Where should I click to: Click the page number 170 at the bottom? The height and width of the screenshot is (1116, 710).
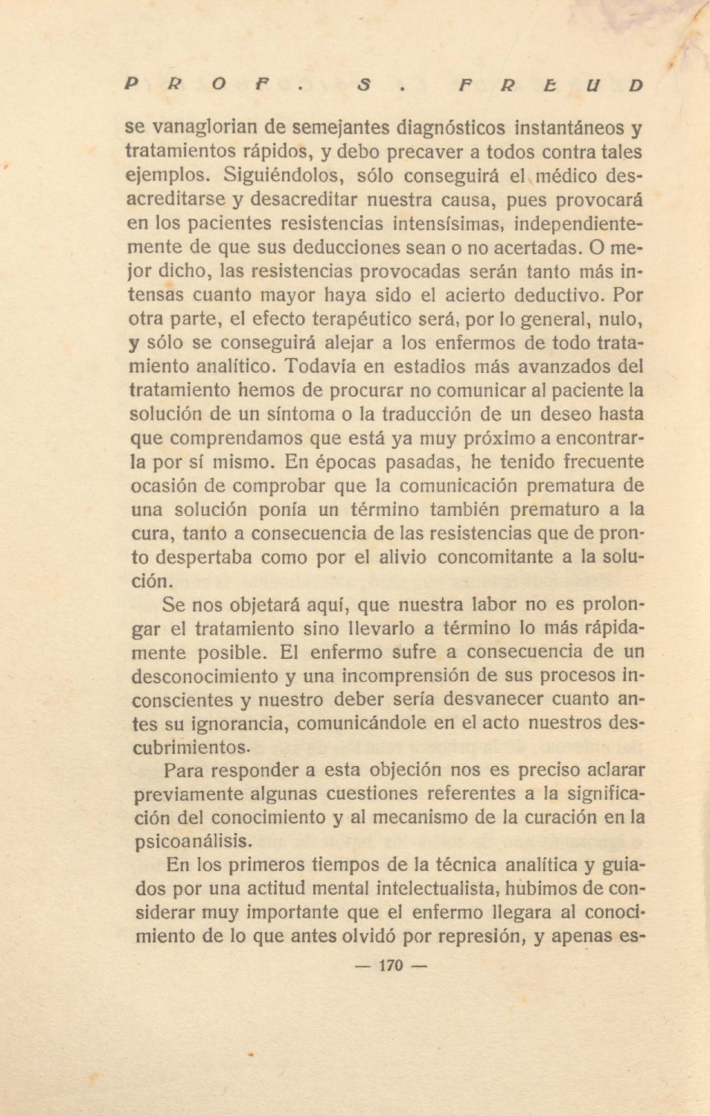(390, 966)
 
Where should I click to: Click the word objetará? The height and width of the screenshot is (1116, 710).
(262, 605)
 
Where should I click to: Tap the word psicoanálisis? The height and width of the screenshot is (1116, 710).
(193, 842)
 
